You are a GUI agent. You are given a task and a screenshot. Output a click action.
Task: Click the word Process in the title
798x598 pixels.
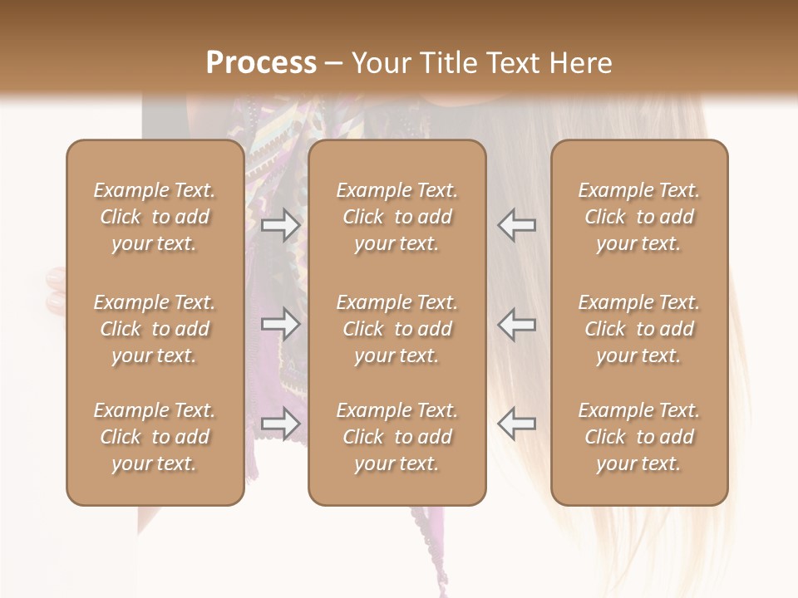coord(261,63)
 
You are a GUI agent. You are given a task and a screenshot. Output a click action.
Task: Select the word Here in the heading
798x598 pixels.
coord(579,63)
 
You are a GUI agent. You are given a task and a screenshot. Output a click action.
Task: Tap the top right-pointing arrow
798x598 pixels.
coord(281,225)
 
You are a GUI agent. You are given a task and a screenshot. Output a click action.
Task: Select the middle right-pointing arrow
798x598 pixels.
coord(281,325)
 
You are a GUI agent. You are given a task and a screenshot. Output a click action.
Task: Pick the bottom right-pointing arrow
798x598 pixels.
coord(281,424)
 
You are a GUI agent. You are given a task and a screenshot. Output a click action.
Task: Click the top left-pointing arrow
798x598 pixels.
coord(516,225)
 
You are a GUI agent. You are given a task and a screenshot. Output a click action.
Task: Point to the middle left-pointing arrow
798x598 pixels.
coord(516,325)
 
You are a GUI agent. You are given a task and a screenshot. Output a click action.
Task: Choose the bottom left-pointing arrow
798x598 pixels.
coord(516,424)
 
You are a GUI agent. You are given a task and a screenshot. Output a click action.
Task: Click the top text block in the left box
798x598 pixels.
coord(155,217)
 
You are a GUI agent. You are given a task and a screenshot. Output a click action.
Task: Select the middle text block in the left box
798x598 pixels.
coord(155,329)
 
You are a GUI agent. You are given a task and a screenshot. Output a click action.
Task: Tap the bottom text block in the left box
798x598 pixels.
coord(155,437)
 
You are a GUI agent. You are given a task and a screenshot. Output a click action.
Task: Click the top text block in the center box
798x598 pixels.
coord(397,217)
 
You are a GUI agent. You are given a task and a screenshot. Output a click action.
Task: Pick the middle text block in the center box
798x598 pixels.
coord(397,329)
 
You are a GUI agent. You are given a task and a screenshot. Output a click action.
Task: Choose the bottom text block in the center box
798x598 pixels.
coord(397,437)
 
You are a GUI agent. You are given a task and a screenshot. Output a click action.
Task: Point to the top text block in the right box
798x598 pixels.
coord(638,217)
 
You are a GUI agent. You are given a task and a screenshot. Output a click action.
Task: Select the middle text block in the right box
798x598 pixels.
coord(638,329)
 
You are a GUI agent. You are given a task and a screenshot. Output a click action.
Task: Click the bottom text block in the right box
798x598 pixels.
coord(638,437)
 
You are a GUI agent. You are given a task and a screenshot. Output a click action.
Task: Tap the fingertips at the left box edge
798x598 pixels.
coord(55,290)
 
